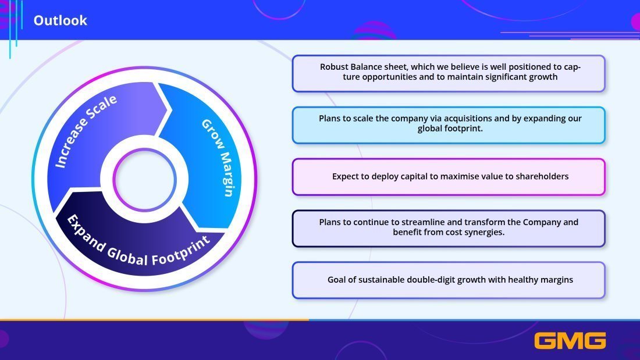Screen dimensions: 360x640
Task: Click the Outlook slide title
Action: tap(60, 20)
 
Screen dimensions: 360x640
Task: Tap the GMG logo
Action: tap(570, 340)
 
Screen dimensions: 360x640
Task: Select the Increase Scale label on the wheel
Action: tap(86, 131)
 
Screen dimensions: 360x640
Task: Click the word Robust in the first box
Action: tap(335, 67)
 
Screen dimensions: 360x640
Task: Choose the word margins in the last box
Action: tap(554, 280)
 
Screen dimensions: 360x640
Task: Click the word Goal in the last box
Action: tap(337, 280)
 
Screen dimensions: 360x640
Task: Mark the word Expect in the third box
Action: tap(346, 176)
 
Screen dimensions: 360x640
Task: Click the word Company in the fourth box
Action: tap(542, 222)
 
